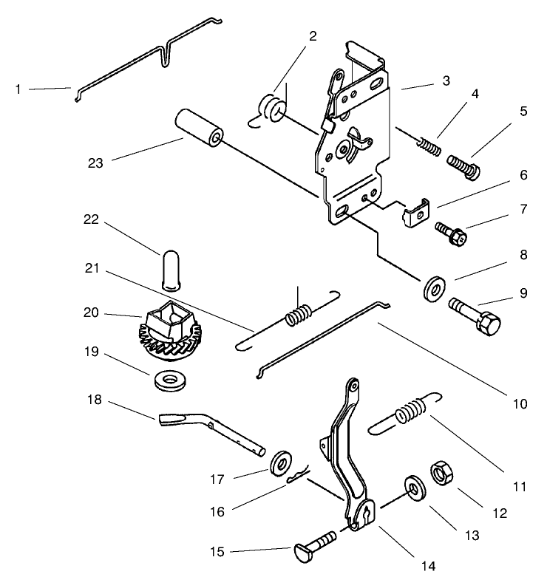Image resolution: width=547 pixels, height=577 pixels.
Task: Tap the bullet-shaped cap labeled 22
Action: [x=170, y=267]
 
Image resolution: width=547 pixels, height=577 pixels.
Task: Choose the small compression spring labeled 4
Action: [x=429, y=144]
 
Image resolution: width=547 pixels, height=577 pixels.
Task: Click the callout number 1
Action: [x=18, y=89]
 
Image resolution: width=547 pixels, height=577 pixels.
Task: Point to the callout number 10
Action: [x=520, y=403]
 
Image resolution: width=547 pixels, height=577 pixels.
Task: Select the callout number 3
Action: [x=446, y=81]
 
